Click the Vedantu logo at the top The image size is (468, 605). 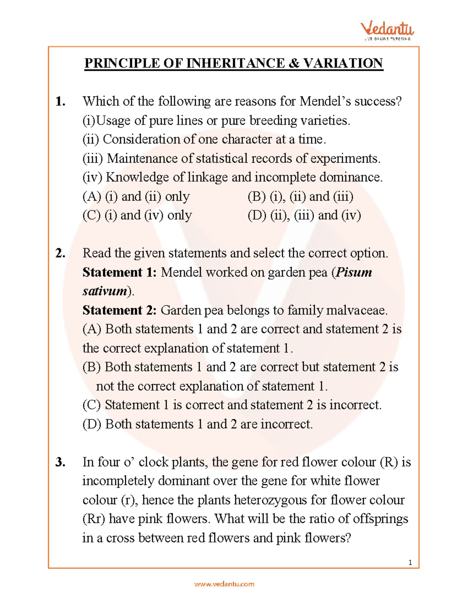pyautogui.click(x=386, y=30)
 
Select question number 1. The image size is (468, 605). pyautogui.click(x=60, y=102)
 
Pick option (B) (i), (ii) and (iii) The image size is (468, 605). pyautogui.click(x=300, y=196)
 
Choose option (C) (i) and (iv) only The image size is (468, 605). pyautogui.click(x=137, y=215)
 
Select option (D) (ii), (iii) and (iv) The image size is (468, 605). pyautogui.click(x=304, y=215)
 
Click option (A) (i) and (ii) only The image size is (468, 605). pyautogui.click(x=136, y=196)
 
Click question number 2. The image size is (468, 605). pyautogui.click(x=60, y=254)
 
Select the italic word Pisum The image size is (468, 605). pyautogui.click(x=354, y=272)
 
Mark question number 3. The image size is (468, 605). pyautogui.click(x=60, y=462)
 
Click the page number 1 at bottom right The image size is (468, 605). pyautogui.click(x=410, y=562)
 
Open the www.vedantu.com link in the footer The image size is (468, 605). pyautogui.click(x=224, y=584)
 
